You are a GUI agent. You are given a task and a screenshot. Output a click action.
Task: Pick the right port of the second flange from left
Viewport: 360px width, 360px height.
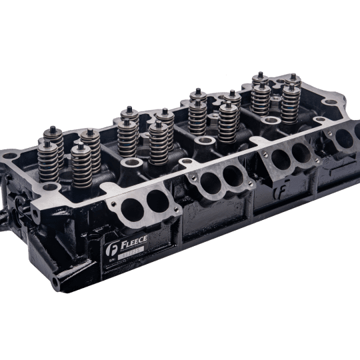232,175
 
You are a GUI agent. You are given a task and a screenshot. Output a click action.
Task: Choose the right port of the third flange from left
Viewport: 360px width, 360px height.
300,154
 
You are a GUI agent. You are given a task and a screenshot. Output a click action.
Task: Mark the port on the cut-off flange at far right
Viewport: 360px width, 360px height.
343,139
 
